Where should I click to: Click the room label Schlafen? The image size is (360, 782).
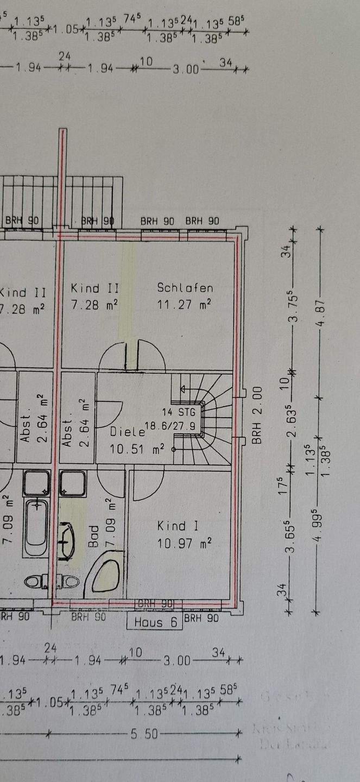click(x=185, y=288)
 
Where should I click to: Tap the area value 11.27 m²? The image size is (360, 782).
click(x=185, y=305)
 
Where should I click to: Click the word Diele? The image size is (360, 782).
click(x=127, y=433)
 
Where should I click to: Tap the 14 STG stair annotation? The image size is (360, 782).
click(x=182, y=412)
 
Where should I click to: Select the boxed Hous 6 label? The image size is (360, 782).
click(x=156, y=622)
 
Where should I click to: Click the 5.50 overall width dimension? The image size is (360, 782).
click(x=144, y=734)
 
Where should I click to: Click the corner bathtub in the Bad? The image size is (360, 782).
click(x=106, y=573)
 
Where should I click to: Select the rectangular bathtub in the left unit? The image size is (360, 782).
click(x=36, y=527)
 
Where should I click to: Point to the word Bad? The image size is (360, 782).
click(x=94, y=535)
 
